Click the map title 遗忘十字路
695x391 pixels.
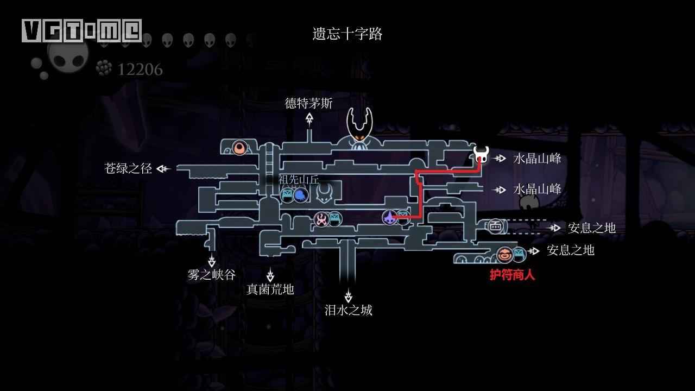point(347,34)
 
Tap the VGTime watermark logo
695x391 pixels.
point(82,30)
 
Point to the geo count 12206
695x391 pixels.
point(140,70)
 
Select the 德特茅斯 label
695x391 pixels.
point(309,103)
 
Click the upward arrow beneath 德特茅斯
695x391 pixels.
point(309,120)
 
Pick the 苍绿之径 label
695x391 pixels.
point(128,168)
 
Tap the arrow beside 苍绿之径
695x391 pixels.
point(163,169)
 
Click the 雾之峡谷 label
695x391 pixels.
point(211,275)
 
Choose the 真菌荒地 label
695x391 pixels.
point(270,289)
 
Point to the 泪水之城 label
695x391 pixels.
point(348,310)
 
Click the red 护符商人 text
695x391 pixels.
point(512,275)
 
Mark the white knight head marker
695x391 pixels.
point(481,155)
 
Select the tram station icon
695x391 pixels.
point(495,226)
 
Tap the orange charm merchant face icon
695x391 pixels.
point(504,255)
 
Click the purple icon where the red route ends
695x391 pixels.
point(389,217)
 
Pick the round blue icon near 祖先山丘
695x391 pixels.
point(300,195)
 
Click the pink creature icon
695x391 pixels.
point(321,219)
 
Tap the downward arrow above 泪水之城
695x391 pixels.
point(349,295)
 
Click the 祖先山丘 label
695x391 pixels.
point(299,179)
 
